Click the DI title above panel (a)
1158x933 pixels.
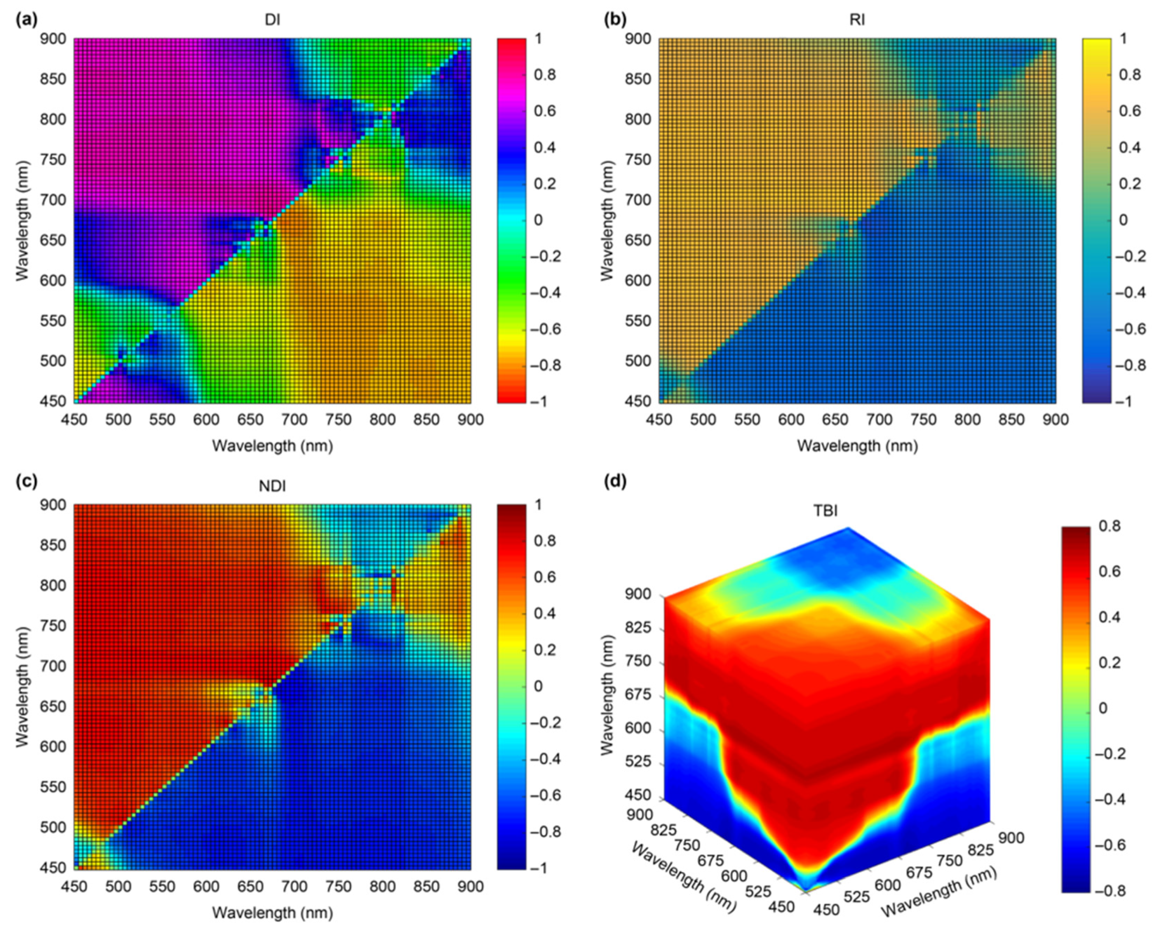(x=272, y=20)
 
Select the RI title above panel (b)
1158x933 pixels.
(x=857, y=20)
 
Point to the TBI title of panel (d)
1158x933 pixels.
(x=826, y=510)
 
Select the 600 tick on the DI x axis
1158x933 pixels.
(x=206, y=419)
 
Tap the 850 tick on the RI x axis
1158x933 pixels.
(x=1011, y=419)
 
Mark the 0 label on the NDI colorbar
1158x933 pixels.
(x=538, y=686)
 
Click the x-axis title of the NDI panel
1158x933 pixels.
(x=272, y=913)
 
